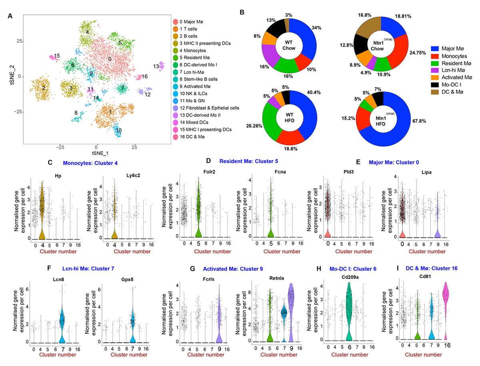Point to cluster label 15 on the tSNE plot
tap(57, 56)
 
